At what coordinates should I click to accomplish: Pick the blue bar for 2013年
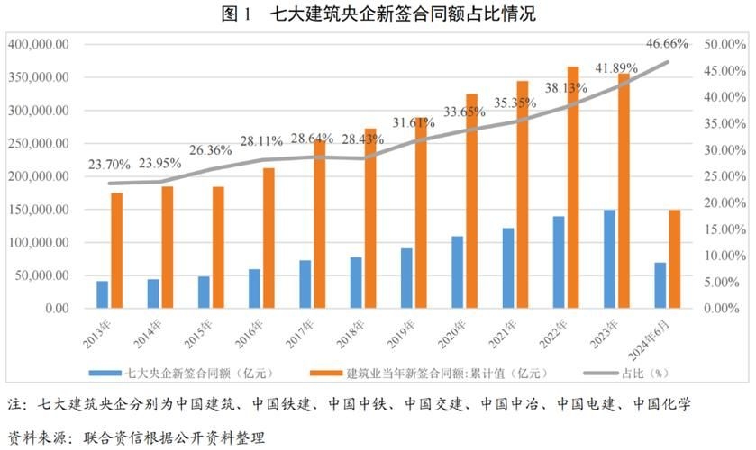click(103, 294)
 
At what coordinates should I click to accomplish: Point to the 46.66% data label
click(668, 42)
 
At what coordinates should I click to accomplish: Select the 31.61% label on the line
click(411, 122)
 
